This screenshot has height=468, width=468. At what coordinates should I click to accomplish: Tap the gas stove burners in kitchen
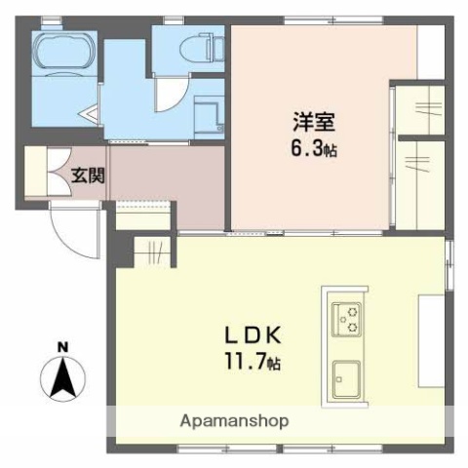coord(346,317)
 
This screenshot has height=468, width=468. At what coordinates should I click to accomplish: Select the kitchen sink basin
coord(346,375)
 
